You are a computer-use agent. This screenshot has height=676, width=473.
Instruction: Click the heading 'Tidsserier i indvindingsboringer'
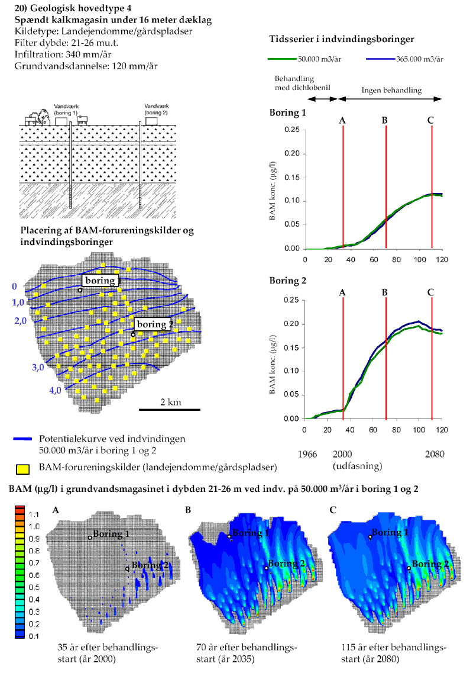[x=341, y=38]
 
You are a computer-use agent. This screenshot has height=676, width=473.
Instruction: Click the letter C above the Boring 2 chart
[x=430, y=292]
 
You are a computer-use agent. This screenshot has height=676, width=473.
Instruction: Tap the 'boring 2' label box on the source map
[x=153, y=324]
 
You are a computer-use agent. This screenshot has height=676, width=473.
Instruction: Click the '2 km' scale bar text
[x=170, y=403]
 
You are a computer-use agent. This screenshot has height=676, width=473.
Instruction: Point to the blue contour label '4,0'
[x=55, y=391]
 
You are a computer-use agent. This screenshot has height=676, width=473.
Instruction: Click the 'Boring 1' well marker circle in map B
[x=229, y=536]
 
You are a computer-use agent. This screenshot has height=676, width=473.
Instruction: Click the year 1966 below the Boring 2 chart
[x=308, y=455]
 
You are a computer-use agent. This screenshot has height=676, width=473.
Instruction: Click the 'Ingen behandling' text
[x=392, y=91]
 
